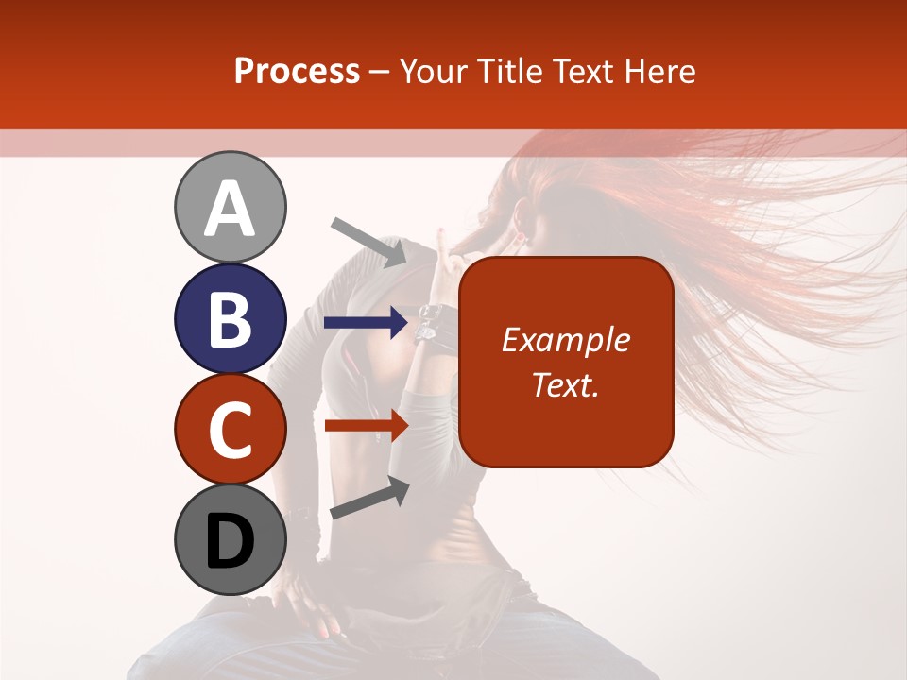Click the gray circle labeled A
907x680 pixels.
tap(230, 207)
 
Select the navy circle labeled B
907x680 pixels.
tap(230, 319)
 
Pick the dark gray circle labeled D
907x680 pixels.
tap(230, 540)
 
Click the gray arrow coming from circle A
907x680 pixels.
tap(369, 241)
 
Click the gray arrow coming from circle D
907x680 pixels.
tap(369, 498)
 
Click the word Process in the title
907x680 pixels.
tap(297, 71)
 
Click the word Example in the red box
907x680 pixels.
tap(565, 340)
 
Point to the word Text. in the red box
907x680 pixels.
tap(565, 384)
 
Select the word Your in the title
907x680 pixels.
tap(433, 71)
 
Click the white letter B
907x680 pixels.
tap(230, 319)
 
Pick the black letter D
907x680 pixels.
tap(230, 541)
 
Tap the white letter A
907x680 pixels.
tap(230, 209)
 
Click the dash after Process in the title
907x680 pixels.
tap(380, 72)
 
